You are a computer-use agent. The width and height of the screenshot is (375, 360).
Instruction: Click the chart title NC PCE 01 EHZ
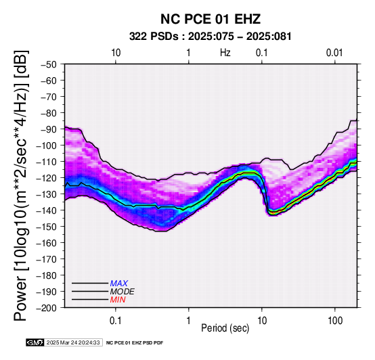(211, 19)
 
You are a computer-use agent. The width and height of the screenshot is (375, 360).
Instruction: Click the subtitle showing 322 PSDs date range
(211, 37)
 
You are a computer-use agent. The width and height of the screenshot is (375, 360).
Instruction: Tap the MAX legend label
(119, 284)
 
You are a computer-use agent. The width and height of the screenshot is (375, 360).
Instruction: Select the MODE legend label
(123, 292)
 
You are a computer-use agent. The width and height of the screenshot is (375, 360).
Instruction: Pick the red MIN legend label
(118, 300)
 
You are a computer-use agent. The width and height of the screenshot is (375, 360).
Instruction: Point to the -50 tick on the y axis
(49, 64)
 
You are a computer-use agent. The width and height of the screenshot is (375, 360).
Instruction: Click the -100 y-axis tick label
(47, 145)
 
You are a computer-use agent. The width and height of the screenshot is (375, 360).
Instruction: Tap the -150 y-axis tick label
(47, 227)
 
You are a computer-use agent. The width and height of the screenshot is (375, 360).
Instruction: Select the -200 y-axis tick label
(47, 308)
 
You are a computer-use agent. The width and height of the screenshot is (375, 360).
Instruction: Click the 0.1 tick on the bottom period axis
(116, 321)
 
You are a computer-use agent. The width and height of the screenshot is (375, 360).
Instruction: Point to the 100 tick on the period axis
(335, 321)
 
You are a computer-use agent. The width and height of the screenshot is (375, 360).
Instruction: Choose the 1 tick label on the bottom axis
(189, 321)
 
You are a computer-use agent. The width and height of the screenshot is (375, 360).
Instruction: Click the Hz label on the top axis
(225, 53)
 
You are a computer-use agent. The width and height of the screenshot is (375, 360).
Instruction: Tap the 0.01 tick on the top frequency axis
(334, 53)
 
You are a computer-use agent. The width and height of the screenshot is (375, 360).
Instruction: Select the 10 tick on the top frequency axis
(116, 53)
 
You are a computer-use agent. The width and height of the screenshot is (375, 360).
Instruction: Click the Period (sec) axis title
(225, 328)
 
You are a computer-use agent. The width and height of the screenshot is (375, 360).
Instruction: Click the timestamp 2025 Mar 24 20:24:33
(73, 342)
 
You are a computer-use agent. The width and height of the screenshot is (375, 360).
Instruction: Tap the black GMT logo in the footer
(35, 342)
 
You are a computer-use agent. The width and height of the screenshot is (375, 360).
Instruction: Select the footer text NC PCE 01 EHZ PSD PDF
(135, 343)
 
